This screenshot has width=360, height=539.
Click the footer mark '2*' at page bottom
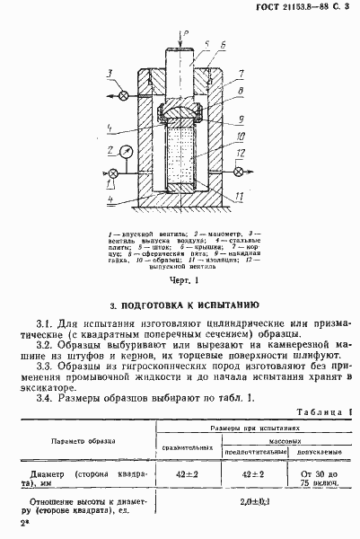pos(13,522)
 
